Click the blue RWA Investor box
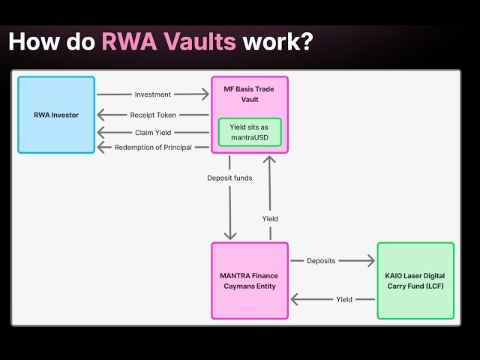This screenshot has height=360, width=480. pyautogui.click(x=56, y=115)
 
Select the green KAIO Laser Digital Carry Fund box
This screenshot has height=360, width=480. pyautogui.click(x=415, y=280)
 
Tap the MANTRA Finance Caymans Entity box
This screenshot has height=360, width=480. pyautogui.click(x=249, y=280)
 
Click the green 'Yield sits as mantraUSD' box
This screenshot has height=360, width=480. pyautogui.click(x=249, y=132)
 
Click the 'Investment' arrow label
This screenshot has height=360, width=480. pyautogui.click(x=153, y=94)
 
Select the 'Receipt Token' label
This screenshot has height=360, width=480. pyautogui.click(x=152, y=115)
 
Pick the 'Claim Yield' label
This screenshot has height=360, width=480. pyautogui.click(x=152, y=132)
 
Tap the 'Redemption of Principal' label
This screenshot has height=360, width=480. pyautogui.click(x=152, y=147)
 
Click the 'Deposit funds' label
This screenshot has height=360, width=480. pyautogui.click(x=229, y=178)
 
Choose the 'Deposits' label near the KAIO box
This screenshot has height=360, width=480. pyautogui.click(x=321, y=261)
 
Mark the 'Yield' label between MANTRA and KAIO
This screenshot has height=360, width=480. pyautogui.click(x=344, y=299)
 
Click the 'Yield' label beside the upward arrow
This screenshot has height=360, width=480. pyautogui.click(x=270, y=218)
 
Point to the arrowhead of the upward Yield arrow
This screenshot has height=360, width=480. pyautogui.click(x=269, y=159)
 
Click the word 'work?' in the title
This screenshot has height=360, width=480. pyautogui.click(x=275, y=41)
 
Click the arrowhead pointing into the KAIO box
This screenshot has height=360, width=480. pyautogui.click(x=370, y=261)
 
